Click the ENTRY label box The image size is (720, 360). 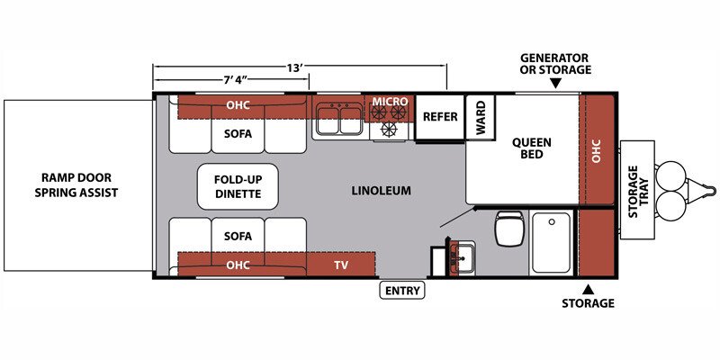tap(402, 291)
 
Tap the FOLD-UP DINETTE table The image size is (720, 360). tap(238, 186)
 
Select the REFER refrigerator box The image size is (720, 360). tap(440, 117)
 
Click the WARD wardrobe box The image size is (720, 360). tap(481, 117)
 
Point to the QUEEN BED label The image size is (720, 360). tap(532, 148)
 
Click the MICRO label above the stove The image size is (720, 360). tap(391, 101)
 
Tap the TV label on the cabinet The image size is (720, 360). tap(341, 265)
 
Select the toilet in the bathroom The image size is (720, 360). tap(508, 229)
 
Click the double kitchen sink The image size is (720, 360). tap(338, 119)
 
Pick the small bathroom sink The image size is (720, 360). tap(463, 259)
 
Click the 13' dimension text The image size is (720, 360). tap(295, 68)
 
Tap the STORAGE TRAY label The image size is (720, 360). tap(639, 191)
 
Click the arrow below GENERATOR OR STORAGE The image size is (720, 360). tap(555, 83)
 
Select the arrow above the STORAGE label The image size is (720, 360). tap(589, 289)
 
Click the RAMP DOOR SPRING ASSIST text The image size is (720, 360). tap(76, 184)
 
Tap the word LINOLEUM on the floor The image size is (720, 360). tap(381, 191)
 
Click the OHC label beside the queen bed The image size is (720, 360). tap(596, 150)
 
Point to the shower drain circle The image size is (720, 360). tap(552, 221)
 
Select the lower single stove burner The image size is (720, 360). tap(390, 129)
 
